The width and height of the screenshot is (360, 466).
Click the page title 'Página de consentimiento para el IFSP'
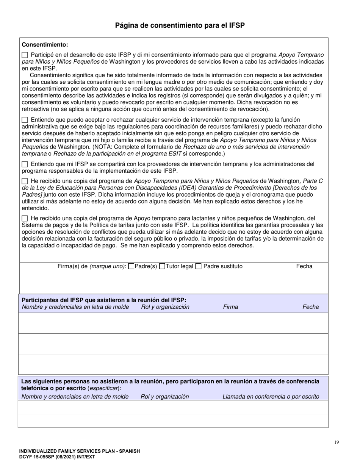(180, 26)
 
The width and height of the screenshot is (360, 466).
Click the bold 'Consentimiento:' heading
(45, 44)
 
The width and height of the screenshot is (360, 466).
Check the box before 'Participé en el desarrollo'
(25, 55)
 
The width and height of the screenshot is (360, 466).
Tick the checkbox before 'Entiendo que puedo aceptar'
(25, 119)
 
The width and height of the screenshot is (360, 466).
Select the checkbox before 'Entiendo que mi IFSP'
(25, 164)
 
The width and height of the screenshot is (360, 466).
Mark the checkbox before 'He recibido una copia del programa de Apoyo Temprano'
(25, 181)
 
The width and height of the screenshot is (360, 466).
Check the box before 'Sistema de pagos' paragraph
(25, 218)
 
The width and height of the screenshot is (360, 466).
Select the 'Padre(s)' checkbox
(131, 266)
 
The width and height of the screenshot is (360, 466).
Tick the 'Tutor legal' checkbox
(162, 266)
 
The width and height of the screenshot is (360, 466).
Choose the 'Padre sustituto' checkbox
(198, 266)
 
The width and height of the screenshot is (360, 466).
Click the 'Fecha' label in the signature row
(304, 266)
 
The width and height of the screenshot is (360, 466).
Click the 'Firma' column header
(230, 307)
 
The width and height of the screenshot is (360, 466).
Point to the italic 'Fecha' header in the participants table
(310, 307)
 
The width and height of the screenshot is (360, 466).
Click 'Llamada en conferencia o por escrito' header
(271, 397)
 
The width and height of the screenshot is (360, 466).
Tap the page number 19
(337, 442)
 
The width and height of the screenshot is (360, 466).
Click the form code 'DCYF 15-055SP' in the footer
(38, 457)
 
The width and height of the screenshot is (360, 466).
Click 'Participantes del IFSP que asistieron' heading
(104, 300)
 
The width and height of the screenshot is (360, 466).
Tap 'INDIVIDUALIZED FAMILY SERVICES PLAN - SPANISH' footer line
(80, 451)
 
